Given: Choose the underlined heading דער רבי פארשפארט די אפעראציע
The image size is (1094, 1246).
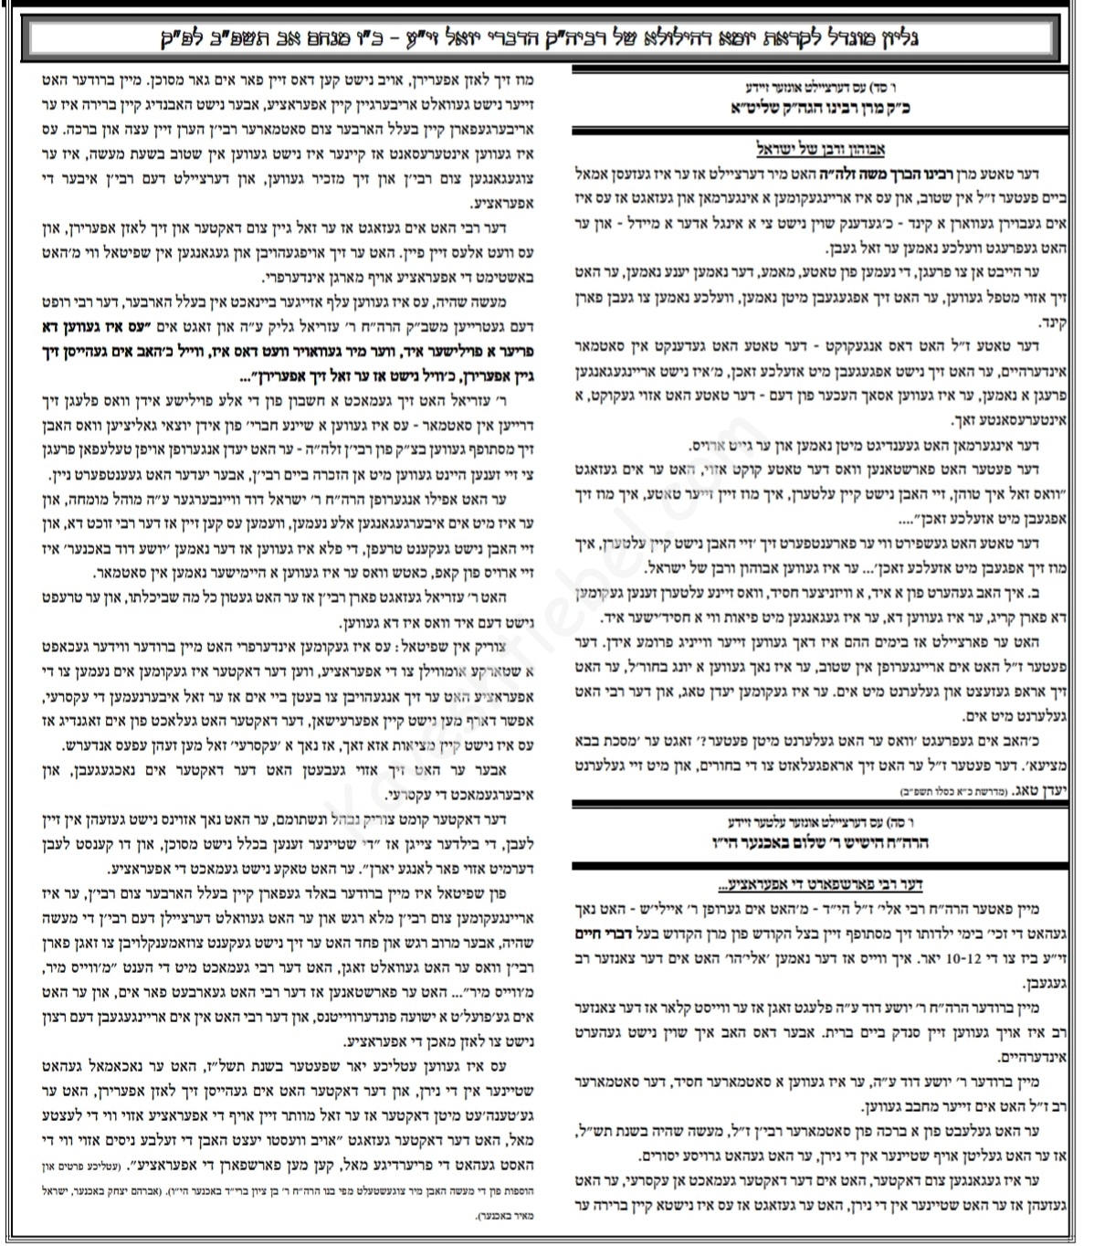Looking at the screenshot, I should pyautogui.click(x=820, y=884).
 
